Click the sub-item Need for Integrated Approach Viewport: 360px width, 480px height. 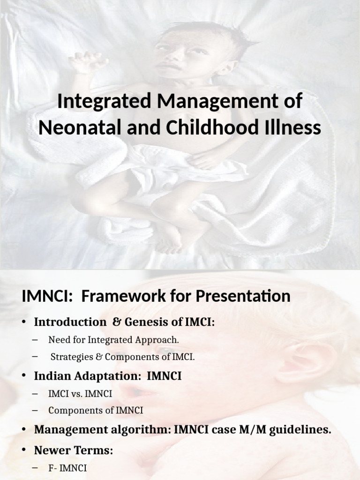[113, 339]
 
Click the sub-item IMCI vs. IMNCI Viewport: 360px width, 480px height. [80, 393]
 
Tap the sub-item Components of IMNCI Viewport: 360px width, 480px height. [96, 410]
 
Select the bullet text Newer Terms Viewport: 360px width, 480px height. [73, 450]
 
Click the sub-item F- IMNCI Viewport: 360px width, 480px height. [67, 468]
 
